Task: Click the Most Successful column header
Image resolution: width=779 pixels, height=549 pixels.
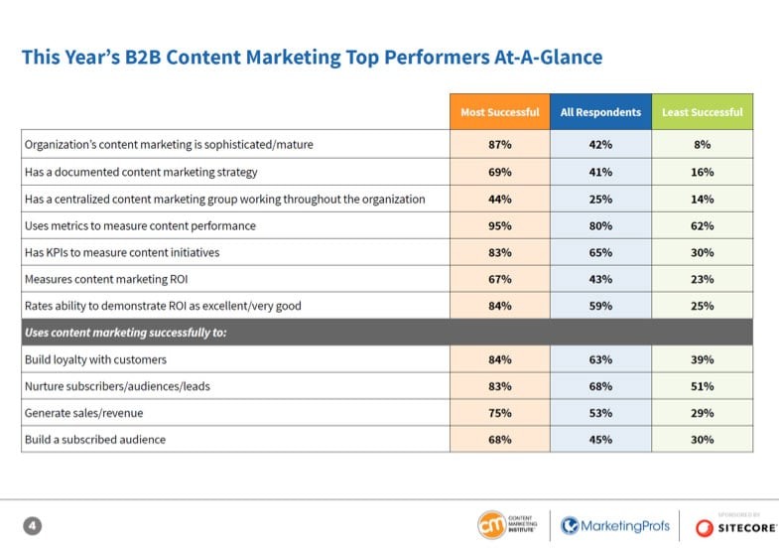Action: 499,112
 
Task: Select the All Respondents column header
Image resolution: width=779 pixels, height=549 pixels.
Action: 600,112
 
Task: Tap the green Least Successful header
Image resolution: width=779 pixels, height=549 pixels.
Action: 702,112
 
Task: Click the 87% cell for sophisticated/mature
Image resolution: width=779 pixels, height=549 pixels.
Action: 499,145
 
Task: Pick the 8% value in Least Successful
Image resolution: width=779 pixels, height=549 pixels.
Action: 702,145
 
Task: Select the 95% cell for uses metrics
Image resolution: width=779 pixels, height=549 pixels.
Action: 499,225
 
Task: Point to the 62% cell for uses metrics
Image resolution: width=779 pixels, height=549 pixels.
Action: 702,225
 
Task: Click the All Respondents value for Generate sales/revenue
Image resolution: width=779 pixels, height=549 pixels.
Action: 600,412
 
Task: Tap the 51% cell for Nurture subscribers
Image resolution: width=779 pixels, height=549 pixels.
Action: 702,385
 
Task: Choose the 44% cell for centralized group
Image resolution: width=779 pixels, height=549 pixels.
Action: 499,199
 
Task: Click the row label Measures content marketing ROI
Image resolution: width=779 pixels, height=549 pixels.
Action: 105,279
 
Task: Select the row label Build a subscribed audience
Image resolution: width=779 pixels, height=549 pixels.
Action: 95,439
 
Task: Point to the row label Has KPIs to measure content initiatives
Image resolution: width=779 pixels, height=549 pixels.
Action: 122,252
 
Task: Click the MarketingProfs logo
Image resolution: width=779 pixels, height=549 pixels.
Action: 615,525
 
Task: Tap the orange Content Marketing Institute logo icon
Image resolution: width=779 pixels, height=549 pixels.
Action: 490,525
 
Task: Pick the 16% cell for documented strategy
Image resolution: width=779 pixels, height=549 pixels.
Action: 702,172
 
